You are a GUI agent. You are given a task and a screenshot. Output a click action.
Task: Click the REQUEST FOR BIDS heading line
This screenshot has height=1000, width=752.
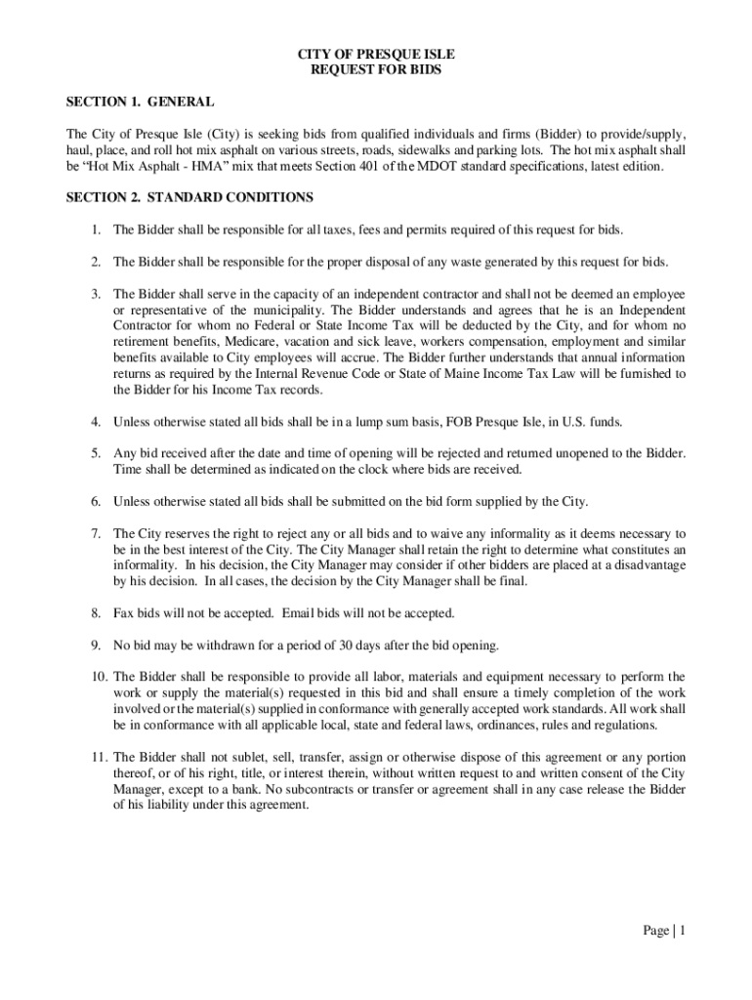pyautogui.click(x=376, y=71)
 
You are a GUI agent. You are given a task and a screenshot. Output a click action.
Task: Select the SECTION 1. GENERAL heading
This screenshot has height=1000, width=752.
pyautogui.click(x=140, y=102)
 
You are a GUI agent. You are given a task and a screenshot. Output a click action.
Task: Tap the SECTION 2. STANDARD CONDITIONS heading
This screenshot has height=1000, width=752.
pyautogui.click(x=188, y=197)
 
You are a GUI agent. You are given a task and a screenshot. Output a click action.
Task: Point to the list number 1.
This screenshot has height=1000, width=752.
pyautogui.click(x=96, y=229)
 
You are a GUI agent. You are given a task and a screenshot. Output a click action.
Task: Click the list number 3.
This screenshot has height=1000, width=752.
pyautogui.click(x=96, y=294)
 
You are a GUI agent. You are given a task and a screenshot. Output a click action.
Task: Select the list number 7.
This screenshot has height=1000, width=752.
pyautogui.click(x=96, y=534)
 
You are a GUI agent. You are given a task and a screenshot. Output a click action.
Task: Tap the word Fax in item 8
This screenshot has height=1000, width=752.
pyautogui.click(x=124, y=613)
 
